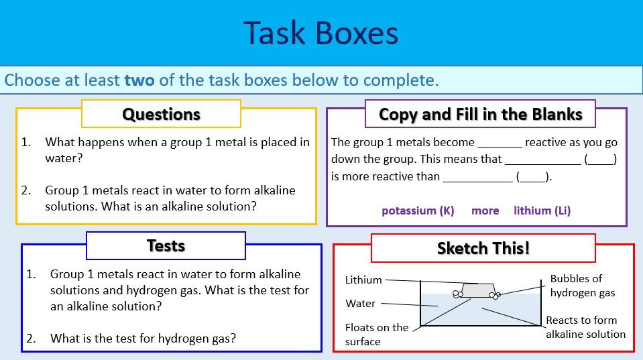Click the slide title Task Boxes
pyautogui.click(x=320, y=33)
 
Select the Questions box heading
pyautogui.click(x=161, y=115)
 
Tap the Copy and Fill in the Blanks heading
pyautogui.click(x=480, y=115)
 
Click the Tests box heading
pyautogui.click(x=166, y=246)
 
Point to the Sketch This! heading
pyautogui.click(x=483, y=248)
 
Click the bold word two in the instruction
pyautogui.click(x=139, y=80)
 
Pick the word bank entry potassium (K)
pyautogui.click(x=418, y=211)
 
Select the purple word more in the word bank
pyautogui.click(x=485, y=211)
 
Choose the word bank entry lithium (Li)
pyautogui.click(x=542, y=211)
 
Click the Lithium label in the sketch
pyautogui.click(x=363, y=280)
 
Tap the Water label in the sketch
pyautogui.click(x=360, y=304)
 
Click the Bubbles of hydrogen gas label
pyautogui.click(x=582, y=286)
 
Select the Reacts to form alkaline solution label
pyautogui.click(x=585, y=327)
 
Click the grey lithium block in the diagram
pyautogui.click(x=478, y=290)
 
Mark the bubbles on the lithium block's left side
pyautogui.click(x=459, y=294)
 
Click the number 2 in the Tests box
pyautogui.click(x=31, y=339)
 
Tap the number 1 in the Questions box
pyautogui.click(x=25, y=142)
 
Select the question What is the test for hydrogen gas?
pyautogui.click(x=143, y=339)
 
